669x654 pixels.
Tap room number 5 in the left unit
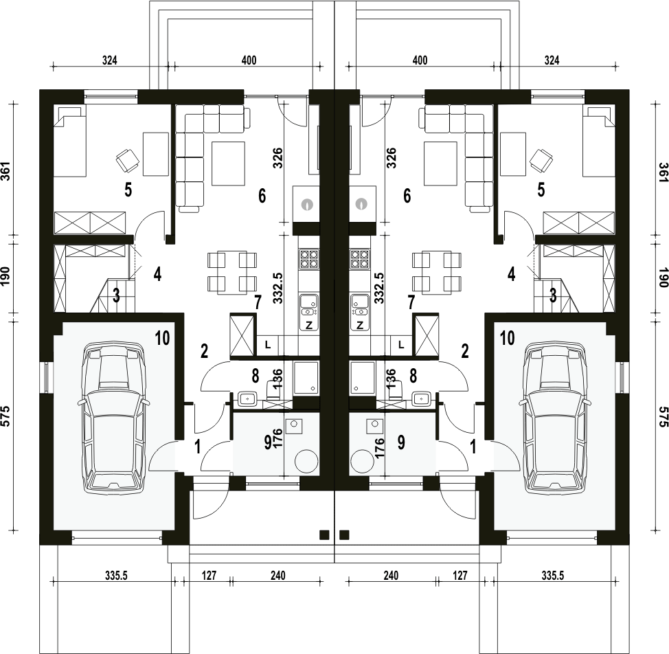[128, 190]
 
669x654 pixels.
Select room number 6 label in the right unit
[407, 196]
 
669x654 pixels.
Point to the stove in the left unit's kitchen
[309, 259]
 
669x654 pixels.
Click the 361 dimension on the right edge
[664, 172]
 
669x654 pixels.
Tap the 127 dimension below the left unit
[209, 576]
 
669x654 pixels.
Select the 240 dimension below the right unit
[391, 576]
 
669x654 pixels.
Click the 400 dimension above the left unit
[249, 60]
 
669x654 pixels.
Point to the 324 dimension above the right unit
[552, 60]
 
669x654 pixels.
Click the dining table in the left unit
[233, 273]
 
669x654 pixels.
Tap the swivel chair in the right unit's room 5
[541, 160]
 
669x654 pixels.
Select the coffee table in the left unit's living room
[229, 163]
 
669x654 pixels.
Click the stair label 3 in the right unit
[553, 295]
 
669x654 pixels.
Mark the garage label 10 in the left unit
[163, 338]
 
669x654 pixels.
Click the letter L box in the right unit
[401, 344]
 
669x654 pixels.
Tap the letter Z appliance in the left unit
[309, 325]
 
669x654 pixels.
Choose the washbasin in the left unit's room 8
[247, 399]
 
